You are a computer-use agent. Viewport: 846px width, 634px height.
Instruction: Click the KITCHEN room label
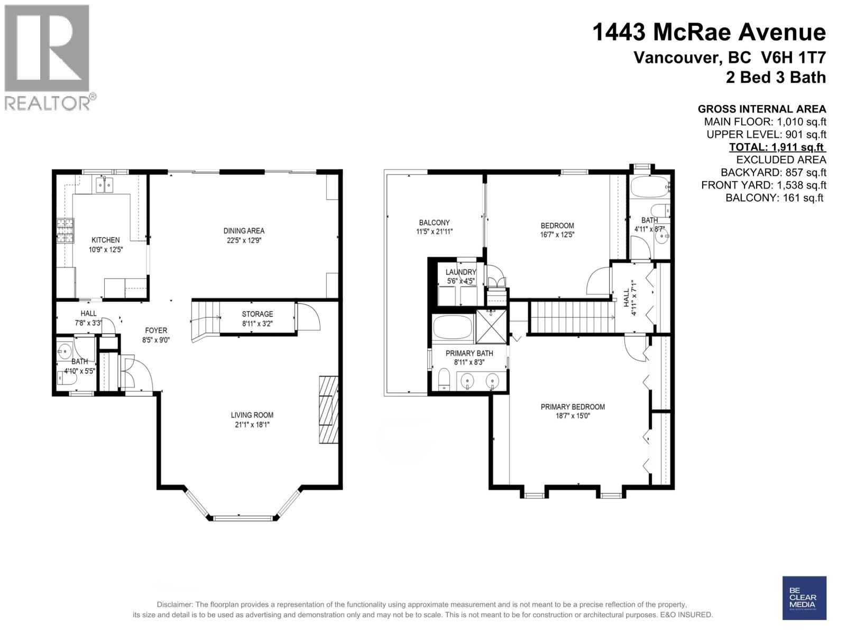pyautogui.click(x=105, y=240)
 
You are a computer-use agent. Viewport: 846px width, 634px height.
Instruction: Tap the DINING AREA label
pyautogui.click(x=244, y=230)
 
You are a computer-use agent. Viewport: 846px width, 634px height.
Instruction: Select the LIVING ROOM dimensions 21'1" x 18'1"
pyautogui.click(x=252, y=424)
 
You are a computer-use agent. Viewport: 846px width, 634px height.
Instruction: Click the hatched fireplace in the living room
pyautogui.click(x=328, y=410)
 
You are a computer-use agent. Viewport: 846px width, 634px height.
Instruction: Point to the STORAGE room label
pyautogui.click(x=258, y=314)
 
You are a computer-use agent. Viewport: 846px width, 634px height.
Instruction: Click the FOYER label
pyautogui.click(x=156, y=331)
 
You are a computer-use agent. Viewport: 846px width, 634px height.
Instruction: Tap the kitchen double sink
pyautogui.click(x=105, y=185)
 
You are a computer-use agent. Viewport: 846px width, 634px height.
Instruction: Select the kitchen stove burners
pyautogui.click(x=64, y=231)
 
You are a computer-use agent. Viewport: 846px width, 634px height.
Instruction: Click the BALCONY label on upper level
pyautogui.click(x=434, y=222)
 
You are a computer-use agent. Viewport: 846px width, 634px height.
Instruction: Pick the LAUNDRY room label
pyautogui.click(x=461, y=272)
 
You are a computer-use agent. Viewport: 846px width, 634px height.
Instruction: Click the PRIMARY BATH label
pyautogui.click(x=469, y=353)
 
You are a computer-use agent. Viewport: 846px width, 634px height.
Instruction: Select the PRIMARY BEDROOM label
pyautogui.click(x=573, y=407)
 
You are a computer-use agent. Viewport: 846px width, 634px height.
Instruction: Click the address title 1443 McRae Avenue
pyautogui.click(x=709, y=32)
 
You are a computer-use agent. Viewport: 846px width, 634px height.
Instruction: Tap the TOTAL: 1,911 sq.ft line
pyautogui.click(x=777, y=147)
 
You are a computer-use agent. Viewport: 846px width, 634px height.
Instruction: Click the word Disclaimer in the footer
pyautogui.click(x=174, y=604)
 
